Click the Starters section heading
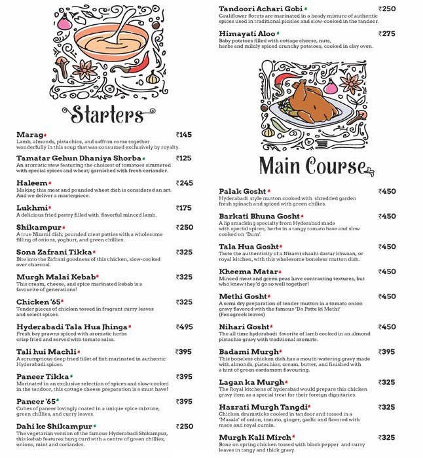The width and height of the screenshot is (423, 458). (107, 114)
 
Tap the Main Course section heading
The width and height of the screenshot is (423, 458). (312, 166)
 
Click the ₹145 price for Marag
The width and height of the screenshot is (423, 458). (184, 135)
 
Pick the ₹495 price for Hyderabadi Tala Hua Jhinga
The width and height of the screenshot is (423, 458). (184, 326)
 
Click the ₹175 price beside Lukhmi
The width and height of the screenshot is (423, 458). (184, 208)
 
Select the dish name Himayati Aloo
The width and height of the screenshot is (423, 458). (247, 33)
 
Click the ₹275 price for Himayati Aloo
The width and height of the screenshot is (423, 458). (387, 33)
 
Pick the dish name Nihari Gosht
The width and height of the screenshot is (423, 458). (244, 326)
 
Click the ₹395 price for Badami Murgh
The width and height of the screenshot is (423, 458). (387, 351)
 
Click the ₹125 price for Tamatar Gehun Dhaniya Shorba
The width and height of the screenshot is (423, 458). (184, 158)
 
